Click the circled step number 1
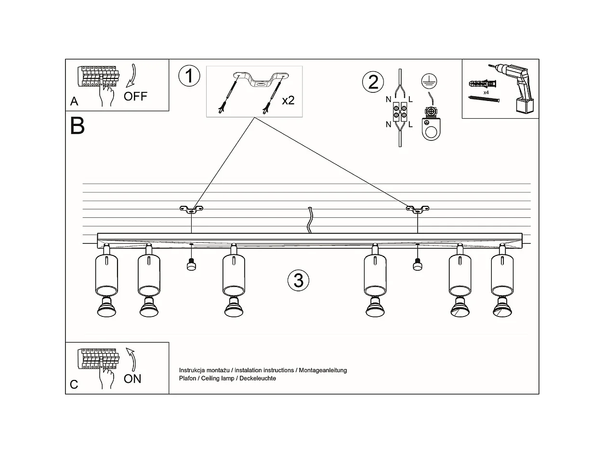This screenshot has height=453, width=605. click(188, 77)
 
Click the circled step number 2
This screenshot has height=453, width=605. click(373, 82)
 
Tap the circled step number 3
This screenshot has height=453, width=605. click(298, 280)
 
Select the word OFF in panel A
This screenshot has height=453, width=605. click(135, 96)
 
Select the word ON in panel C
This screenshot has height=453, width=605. click(132, 379)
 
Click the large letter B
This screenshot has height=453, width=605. click(78, 126)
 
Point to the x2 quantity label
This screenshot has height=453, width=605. click(288, 101)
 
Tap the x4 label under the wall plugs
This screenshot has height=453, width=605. click(487, 92)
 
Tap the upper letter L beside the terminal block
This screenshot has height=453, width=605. click(410, 100)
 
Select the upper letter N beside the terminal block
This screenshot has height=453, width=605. click(388, 100)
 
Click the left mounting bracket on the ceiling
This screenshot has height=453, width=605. click(191, 209)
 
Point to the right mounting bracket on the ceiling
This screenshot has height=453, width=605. click(417, 209)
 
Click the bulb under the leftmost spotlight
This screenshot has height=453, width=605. click(107, 308)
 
